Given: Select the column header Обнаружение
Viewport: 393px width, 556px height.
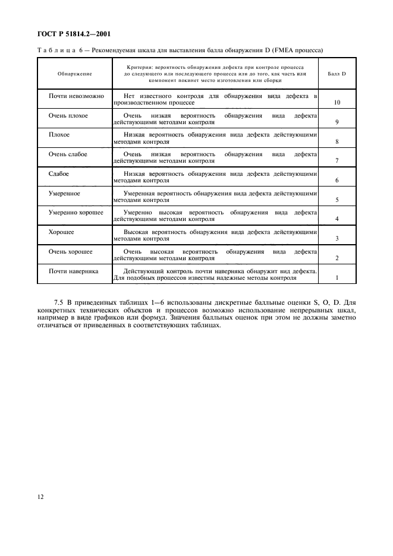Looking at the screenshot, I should (74, 74).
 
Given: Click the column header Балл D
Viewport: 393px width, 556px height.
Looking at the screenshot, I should (337, 74).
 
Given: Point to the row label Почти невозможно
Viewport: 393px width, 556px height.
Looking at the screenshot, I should (76, 96).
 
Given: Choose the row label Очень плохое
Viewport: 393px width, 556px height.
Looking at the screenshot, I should (68, 115).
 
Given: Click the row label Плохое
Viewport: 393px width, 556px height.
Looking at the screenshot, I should (59, 135).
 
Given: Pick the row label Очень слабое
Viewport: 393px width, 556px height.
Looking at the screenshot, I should (68, 154).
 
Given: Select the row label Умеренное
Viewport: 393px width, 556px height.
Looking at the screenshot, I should (64, 193).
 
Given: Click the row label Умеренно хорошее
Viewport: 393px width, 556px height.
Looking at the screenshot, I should (76, 212).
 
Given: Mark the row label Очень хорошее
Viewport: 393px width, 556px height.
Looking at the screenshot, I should (70, 251).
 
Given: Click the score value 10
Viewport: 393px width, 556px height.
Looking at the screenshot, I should (337, 103).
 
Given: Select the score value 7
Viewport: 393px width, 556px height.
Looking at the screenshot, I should (337, 161).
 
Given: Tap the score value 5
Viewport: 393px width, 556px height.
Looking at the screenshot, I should (337, 200).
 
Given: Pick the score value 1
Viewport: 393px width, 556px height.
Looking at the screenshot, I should (337, 278).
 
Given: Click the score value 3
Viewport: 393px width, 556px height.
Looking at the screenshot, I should (337, 239).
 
